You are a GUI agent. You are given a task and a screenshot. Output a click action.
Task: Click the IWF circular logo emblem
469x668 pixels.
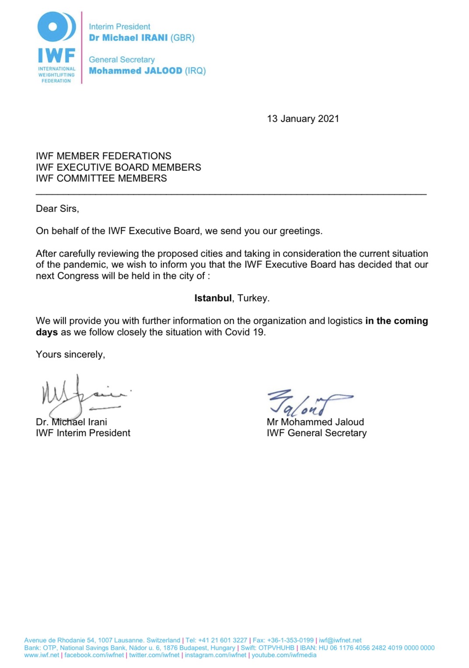(x=56, y=27)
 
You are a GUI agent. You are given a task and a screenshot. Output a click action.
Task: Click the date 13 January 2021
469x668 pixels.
(x=303, y=119)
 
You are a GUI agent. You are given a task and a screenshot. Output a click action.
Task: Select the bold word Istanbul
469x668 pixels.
(x=213, y=298)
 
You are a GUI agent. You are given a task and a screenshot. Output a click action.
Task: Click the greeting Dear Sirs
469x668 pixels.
(x=57, y=208)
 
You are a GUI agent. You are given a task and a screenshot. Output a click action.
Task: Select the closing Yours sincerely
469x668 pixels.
(x=70, y=354)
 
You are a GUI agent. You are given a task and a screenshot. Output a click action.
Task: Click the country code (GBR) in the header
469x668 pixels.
(x=182, y=38)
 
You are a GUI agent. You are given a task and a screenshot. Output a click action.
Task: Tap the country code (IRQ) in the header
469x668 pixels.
(x=195, y=70)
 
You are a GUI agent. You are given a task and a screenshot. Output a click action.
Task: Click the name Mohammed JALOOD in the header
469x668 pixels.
(x=135, y=70)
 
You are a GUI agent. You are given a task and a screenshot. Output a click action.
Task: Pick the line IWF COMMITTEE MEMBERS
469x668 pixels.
(x=101, y=178)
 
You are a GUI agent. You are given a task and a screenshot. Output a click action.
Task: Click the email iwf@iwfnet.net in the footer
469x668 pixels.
(x=340, y=640)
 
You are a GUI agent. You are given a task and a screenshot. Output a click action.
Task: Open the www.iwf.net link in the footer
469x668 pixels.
(x=42, y=655)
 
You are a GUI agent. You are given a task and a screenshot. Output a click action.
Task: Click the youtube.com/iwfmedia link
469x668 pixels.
(x=283, y=655)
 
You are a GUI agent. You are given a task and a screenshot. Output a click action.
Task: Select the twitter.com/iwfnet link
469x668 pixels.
(x=154, y=655)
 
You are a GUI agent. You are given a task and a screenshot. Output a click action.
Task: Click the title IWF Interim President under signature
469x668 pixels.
(x=83, y=433)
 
